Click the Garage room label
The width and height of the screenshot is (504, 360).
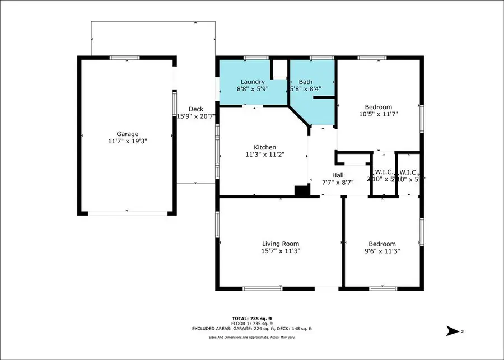coord(127,134)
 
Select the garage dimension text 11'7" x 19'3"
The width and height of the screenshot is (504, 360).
coord(127,142)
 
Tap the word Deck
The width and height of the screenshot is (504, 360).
coord(195,109)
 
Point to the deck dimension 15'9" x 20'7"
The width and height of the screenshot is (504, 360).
coord(196,116)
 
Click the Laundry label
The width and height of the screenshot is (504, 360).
coord(253,82)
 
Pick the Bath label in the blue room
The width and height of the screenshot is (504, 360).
coord(306,82)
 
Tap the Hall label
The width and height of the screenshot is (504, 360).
coord(338,175)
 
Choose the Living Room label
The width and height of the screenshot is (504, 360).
coord(281,244)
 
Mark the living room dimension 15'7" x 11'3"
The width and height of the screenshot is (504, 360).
coord(281,251)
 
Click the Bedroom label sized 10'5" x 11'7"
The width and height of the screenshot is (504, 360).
coord(379,107)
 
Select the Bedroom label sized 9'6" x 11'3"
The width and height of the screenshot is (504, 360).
coord(382,244)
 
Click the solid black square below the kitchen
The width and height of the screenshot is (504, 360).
coord(302,191)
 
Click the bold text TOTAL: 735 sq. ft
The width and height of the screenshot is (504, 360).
coord(252,318)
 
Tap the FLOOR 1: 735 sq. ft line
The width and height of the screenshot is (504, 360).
coord(252,324)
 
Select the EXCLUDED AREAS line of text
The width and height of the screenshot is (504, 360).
coord(252,329)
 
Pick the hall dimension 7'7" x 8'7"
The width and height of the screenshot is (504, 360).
coord(338,183)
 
